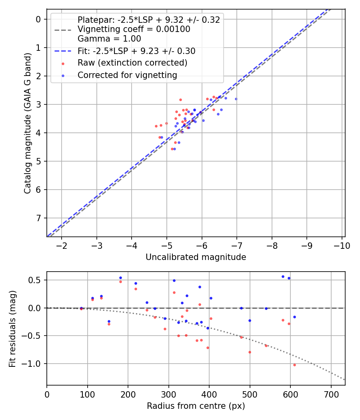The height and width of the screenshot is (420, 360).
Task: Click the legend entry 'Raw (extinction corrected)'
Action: click(x=132, y=63)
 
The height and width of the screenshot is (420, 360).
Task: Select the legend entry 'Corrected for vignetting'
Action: click(x=127, y=75)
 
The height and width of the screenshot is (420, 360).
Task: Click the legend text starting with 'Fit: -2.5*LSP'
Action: click(x=136, y=51)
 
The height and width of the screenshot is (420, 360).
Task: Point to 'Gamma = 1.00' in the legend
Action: click(x=109, y=39)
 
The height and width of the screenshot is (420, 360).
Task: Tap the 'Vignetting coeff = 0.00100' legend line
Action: click(x=134, y=29)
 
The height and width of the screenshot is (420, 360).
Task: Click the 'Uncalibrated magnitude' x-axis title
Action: click(x=196, y=257)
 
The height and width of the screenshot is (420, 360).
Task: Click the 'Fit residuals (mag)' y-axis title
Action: click(x=12, y=328)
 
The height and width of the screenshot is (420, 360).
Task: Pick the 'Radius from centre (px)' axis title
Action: click(x=196, y=406)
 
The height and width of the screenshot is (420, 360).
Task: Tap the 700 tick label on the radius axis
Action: click(x=331, y=394)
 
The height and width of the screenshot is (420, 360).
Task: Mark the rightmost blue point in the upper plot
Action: click(x=236, y=99)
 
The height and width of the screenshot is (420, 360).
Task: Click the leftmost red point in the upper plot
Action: click(x=156, y=126)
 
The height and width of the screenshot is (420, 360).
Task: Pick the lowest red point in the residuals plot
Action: click(x=294, y=365)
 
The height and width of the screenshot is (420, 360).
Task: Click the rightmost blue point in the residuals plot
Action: click(x=294, y=317)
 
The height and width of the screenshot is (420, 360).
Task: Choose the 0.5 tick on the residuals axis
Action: click(x=36, y=280)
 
